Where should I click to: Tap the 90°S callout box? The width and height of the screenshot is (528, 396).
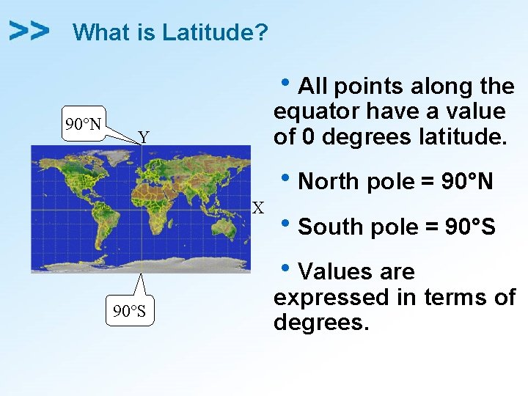click(128, 312)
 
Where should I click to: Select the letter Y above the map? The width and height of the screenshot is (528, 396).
click(144, 137)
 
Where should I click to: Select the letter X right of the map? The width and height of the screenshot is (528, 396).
click(258, 208)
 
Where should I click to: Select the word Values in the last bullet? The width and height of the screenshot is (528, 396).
click(336, 272)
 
